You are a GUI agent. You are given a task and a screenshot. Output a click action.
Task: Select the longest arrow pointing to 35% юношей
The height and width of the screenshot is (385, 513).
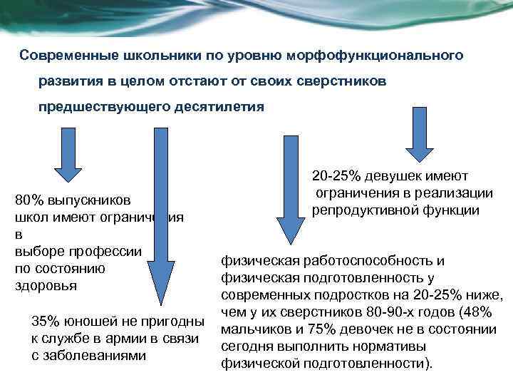coord(160,214)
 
